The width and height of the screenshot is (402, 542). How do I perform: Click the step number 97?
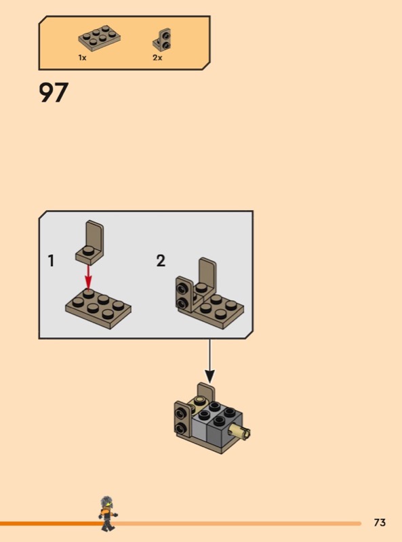point(54,92)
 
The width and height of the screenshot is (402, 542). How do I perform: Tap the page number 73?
point(380,522)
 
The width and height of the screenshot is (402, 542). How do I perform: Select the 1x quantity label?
point(82,58)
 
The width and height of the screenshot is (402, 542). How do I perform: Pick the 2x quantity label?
point(157,58)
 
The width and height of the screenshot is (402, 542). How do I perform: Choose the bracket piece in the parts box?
point(162,39)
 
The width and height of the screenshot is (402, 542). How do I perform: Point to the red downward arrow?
point(89,278)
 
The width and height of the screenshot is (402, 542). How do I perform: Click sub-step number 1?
point(52,261)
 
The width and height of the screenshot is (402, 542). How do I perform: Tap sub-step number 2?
point(161,261)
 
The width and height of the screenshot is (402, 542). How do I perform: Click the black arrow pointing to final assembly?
point(209,361)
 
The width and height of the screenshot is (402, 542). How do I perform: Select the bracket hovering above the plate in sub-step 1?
point(90,243)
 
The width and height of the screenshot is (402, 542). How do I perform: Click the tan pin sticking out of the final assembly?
point(242,432)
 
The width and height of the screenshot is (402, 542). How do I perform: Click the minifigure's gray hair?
point(106,502)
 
